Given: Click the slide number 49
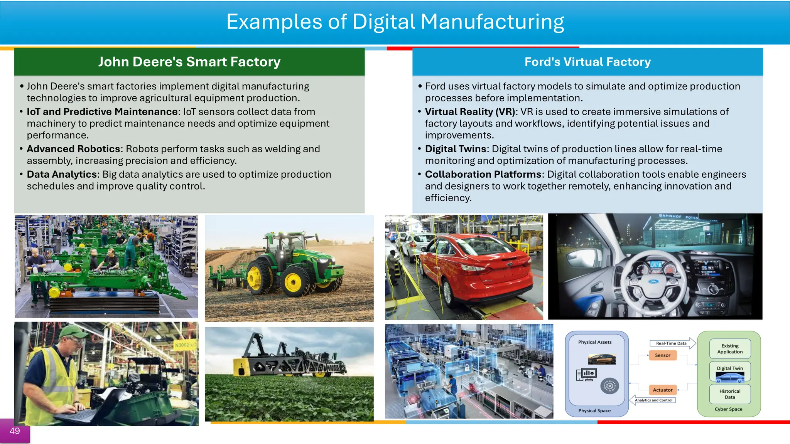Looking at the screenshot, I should (15, 431).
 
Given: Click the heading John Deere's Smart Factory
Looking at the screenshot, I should (189, 62).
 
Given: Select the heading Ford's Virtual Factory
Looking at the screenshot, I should (587, 62).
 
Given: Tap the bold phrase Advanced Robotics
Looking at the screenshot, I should (74, 149).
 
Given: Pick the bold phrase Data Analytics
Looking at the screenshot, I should (62, 174).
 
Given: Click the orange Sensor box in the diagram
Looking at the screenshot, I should (662, 355).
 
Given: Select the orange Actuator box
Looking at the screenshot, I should (662, 390).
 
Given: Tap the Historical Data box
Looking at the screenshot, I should (729, 394).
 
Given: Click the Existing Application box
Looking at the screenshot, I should (729, 348).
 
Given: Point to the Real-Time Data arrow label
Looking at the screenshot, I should (671, 343).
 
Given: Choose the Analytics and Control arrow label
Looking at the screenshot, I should (653, 400).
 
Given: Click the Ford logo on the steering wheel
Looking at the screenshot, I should (653, 282).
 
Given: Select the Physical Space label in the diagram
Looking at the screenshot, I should (594, 410).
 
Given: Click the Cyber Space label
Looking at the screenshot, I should (728, 409).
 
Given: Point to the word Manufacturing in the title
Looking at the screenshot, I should (492, 22).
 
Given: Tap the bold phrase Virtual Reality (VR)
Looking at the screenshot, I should (470, 112).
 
